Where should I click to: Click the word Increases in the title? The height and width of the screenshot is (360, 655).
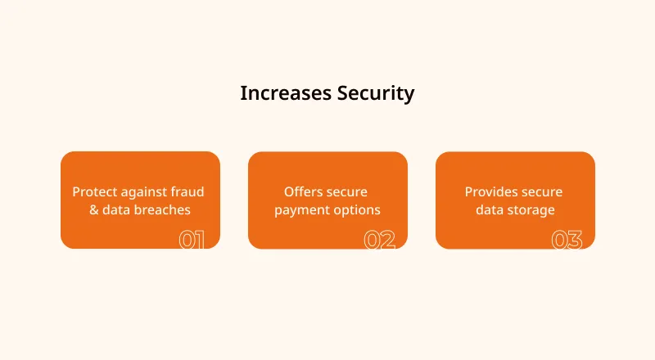click(286, 93)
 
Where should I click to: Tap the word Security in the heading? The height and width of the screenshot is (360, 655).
click(376, 93)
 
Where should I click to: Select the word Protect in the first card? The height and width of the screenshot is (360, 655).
click(94, 191)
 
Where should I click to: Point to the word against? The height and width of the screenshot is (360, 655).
click(146, 192)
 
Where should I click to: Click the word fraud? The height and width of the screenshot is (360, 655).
click(189, 191)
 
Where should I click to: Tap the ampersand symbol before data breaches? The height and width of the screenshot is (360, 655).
click(94, 209)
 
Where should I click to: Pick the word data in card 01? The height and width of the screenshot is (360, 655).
click(115, 209)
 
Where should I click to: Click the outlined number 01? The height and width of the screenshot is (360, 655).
click(192, 241)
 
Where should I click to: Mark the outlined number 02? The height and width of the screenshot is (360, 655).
click(379, 241)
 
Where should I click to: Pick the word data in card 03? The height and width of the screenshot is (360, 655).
click(489, 209)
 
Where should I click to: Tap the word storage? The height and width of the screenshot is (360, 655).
click(531, 210)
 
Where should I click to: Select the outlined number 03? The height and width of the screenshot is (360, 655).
click(567, 241)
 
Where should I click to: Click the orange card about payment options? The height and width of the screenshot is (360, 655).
click(327, 200)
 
